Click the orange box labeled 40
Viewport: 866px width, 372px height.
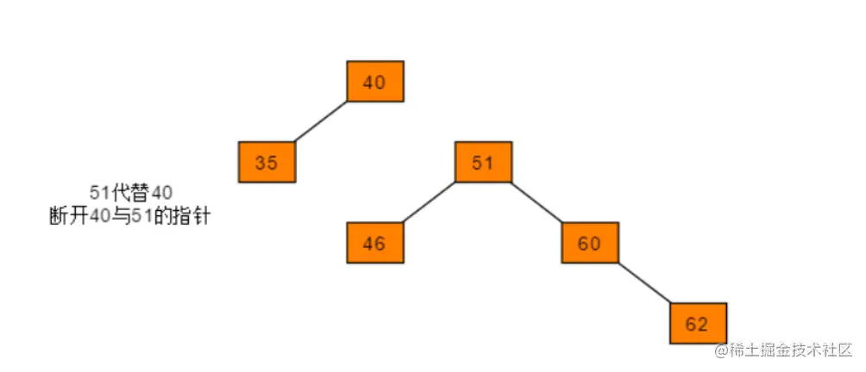coord(375,82)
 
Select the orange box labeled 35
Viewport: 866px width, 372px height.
coord(267,162)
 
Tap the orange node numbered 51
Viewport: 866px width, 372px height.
coord(483,162)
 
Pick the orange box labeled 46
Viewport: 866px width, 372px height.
coord(375,243)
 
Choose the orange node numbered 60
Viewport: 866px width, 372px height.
coord(590,243)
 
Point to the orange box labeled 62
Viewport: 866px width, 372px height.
coord(698,324)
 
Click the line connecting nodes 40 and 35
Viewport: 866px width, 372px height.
coord(321,121)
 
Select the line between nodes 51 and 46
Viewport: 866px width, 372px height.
coord(430,202)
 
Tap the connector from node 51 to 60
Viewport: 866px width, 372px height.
coord(537,202)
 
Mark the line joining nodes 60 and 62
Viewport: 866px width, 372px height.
coord(644,282)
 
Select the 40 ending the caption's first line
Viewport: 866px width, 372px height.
coord(162,193)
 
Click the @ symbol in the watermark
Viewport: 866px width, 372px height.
coord(721,350)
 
